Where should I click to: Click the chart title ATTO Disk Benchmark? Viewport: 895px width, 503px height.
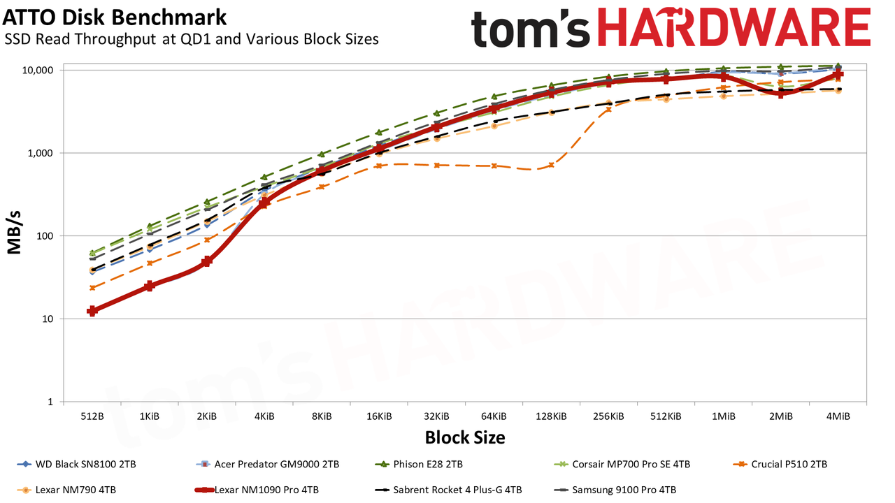coord(114,17)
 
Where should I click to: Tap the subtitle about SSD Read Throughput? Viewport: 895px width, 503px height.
coord(192,39)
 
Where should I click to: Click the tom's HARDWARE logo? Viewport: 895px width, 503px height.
coord(671,28)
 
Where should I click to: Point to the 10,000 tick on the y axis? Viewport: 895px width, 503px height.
coord(38,71)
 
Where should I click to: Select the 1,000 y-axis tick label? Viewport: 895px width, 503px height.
coord(40,153)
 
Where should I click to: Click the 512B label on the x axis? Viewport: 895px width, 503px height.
coord(92,416)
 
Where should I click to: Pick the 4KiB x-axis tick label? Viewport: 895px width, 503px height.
coord(264,416)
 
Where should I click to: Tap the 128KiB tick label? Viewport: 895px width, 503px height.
coord(552,416)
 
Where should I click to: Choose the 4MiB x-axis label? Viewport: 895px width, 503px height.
coord(838,416)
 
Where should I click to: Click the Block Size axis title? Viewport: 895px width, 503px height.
coord(465,437)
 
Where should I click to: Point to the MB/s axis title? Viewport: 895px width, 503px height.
coord(14,233)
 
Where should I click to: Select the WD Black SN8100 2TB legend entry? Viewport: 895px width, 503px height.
coord(76,465)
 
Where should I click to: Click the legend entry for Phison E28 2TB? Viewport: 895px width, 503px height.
coord(419,465)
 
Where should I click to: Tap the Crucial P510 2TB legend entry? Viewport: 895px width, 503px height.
coord(780,465)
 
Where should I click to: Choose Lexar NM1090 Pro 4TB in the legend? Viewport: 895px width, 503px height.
coord(257,490)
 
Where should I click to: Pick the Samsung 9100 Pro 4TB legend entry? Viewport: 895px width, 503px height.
coord(615,490)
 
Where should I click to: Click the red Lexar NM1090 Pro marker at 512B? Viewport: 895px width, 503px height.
coord(92,311)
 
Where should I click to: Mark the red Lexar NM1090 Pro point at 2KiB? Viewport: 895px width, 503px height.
coord(206,261)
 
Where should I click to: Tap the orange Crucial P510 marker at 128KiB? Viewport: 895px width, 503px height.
coord(552,165)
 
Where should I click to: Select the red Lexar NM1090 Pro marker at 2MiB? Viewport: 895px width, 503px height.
coord(781,94)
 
